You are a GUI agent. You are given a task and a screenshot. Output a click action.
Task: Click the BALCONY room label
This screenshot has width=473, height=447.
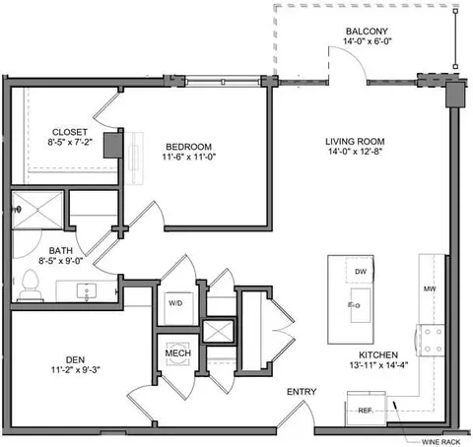click(x=367, y=32)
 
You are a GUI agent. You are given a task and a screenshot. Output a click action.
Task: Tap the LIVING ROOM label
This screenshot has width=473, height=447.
click(x=355, y=142)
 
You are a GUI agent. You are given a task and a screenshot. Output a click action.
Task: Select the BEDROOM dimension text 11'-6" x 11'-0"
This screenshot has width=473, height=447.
click(x=189, y=157)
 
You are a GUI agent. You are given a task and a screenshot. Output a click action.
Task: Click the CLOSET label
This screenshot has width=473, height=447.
click(x=70, y=132)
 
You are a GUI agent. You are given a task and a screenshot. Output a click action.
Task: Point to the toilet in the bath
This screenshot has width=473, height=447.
click(x=31, y=285)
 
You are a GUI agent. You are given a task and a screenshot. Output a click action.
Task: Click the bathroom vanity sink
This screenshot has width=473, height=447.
click(x=87, y=291)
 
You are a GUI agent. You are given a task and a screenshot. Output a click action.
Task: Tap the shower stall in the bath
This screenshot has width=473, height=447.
click(x=37, y=210)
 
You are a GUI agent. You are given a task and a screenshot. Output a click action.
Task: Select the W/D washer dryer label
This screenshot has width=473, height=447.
click(x=175, y=303)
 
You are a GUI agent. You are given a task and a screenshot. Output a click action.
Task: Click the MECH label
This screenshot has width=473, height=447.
click(x=178, y=353)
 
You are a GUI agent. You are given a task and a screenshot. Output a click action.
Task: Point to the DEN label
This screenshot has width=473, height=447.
click(x=75, y=360)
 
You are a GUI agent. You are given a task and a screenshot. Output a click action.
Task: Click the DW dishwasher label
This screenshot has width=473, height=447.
click(x=361, y=272)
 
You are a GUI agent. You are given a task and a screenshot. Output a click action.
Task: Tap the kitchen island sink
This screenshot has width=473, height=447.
click(x=360, y=305)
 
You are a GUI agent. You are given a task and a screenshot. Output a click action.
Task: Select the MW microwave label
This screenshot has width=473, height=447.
click(x=430, y=288)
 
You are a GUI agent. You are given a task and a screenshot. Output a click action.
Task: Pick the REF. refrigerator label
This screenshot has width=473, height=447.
click(x=366, y=411)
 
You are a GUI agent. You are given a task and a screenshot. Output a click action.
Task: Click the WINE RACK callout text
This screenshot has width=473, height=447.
click(x=440, y=442)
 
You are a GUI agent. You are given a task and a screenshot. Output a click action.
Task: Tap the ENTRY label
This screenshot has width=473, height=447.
click(x=302, y=392)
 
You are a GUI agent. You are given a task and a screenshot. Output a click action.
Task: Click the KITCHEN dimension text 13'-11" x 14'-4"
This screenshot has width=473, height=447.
click(x=378, y=365)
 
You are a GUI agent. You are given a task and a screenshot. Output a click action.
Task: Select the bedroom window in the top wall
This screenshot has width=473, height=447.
click(x=223, y=81)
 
